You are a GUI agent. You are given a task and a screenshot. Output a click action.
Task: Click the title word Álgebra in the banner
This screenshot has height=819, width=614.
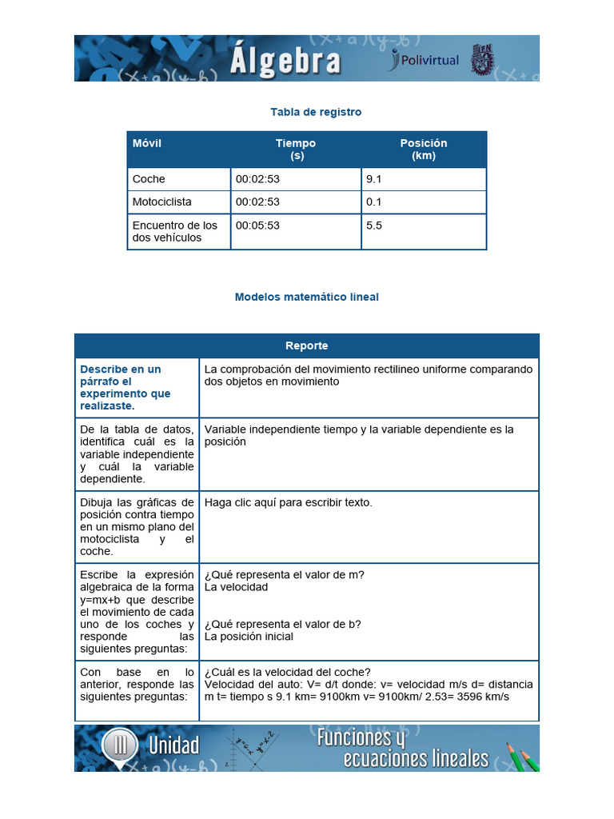285,60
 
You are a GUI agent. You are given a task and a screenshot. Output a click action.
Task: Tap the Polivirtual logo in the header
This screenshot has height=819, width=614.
424,59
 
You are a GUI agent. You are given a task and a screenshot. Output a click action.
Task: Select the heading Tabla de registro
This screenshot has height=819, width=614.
316,112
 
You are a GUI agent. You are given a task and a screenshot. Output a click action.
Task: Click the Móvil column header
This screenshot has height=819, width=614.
147,143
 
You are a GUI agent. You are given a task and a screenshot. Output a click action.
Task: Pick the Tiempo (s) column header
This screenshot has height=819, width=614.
296,150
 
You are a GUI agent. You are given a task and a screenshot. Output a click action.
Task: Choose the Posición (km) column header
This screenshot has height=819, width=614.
424,150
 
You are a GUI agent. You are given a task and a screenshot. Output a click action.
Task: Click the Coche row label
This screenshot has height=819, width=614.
149,179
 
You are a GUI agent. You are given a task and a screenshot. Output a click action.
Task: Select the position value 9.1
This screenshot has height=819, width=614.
374,179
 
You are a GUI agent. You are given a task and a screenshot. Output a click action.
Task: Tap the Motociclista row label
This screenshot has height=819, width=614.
162,202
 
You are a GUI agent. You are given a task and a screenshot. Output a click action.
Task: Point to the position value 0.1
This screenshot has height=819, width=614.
374,202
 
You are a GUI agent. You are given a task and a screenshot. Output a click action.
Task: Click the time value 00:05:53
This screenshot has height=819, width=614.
257,226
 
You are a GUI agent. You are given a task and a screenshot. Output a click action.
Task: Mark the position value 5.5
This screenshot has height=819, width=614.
374,226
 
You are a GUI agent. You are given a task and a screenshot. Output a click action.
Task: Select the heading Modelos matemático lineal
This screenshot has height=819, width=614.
307,297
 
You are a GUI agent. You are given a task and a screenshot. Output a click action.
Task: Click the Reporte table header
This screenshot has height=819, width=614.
307,346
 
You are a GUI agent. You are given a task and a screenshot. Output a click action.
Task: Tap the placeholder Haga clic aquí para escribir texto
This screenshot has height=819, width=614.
289,502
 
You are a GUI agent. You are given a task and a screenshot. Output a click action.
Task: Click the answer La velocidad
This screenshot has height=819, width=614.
237,586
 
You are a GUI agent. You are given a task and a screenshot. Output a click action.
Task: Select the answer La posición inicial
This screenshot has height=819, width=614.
249,637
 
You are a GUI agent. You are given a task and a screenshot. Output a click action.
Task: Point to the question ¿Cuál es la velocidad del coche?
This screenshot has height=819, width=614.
288,672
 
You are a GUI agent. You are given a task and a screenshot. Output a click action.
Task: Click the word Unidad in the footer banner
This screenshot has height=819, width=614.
173,746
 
